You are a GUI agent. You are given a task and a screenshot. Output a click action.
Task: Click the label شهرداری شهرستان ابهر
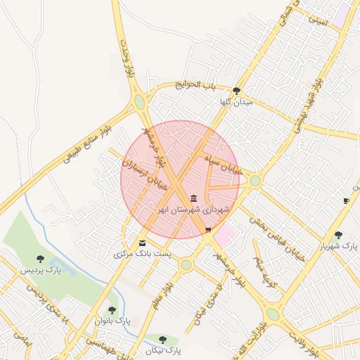193,210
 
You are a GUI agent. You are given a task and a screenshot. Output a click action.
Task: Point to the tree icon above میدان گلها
236,91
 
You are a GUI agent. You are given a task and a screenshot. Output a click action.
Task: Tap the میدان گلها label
235,102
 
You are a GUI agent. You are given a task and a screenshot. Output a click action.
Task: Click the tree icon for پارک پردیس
40,259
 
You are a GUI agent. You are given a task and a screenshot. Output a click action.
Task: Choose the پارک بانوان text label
112,321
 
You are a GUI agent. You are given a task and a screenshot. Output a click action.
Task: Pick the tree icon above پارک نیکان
163,340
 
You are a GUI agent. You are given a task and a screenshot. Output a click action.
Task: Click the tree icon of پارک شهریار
339,235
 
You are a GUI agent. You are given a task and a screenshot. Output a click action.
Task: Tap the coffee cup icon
346,201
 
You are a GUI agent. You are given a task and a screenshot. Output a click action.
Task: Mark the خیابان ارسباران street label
143,174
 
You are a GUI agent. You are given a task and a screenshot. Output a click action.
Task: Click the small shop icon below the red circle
207,230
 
